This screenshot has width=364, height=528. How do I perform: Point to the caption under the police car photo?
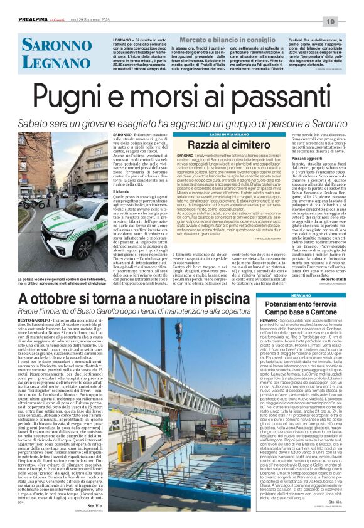[x=71, y=281]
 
